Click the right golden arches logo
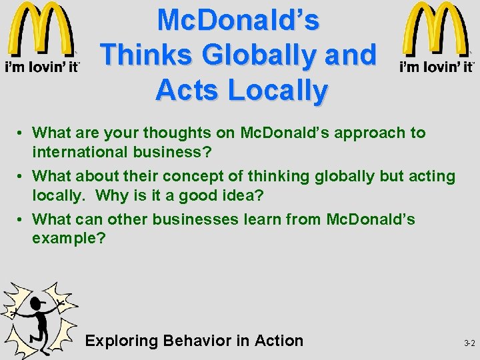[x=436, y=30]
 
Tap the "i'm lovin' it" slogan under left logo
[x=43, y=66]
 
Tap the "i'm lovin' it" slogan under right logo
[x=436, y=66]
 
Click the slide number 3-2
[x=469, y=343]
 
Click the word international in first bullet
[x=78, y=153]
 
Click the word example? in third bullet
[x=69, y=239]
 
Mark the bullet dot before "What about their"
[x=22, y=177]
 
